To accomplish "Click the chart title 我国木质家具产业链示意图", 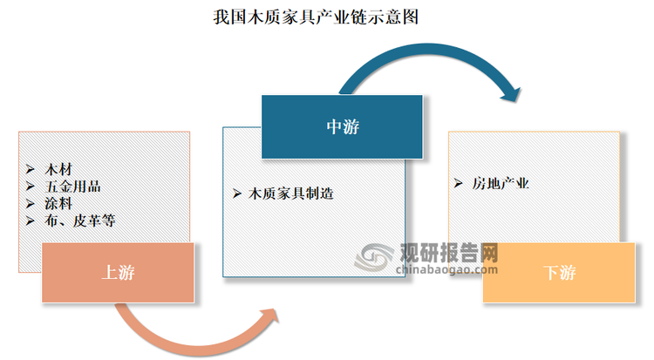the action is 316,17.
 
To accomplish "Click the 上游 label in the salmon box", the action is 118,273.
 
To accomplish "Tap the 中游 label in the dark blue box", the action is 343,126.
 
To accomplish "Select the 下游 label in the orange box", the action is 559,273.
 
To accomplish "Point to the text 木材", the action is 58,169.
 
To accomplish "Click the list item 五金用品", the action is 72,187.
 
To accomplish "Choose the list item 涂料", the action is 58,204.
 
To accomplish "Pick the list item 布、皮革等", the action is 79,221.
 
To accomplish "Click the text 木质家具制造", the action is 290,194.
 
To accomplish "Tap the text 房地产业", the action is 501,184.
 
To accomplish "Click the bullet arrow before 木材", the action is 30,169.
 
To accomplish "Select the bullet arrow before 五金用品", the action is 30,187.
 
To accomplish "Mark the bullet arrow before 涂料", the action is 30,204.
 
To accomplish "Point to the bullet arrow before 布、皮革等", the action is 30,221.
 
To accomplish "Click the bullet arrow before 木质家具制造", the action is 237,194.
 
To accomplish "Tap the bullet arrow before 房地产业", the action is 458,184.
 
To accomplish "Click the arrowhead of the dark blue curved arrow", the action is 511,95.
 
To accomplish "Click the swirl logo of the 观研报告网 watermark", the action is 374,257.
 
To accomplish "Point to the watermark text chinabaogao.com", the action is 446,269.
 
